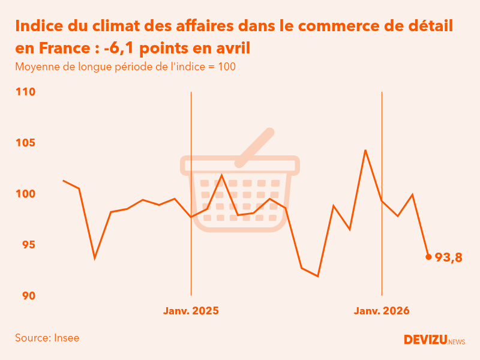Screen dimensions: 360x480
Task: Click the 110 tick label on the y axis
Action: point(26,92)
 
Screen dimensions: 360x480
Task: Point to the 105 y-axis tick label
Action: point(26,143)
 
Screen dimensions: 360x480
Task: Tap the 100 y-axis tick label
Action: point(26,194)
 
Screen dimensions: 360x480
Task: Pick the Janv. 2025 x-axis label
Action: point(191,311)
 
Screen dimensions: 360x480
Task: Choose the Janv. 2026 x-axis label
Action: point(382,311)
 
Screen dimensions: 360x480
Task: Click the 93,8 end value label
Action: point(449,257)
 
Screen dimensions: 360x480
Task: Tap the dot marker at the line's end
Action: point(428,257)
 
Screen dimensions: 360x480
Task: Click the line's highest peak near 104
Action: point(365,150)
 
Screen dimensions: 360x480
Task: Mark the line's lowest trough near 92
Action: point(317,276)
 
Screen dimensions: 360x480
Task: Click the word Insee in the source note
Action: point(67,338)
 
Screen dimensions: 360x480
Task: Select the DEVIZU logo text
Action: point(425,340)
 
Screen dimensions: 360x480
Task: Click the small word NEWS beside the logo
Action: point(457,342)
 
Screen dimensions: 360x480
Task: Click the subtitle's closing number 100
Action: point(227,67)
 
